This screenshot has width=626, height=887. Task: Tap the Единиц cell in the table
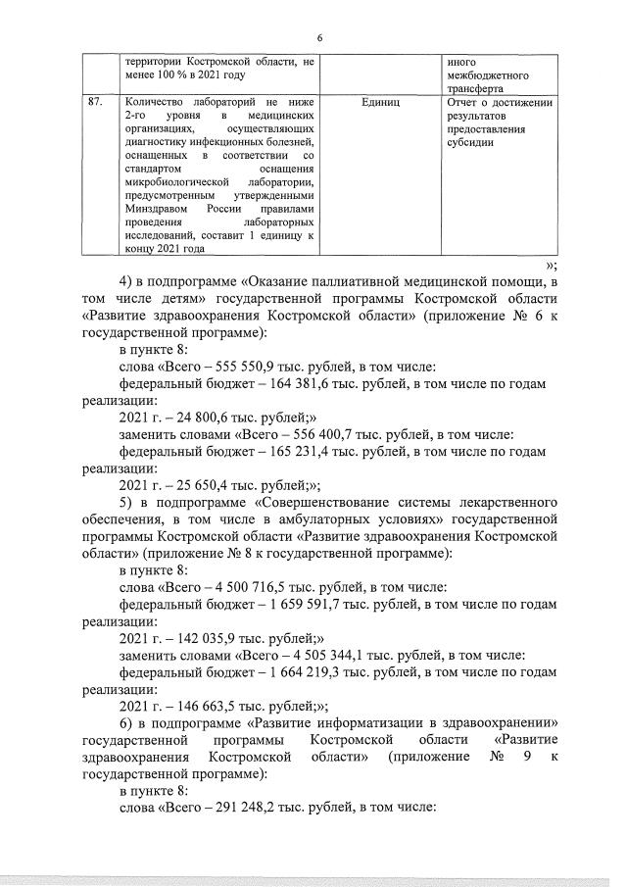[380, 102]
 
